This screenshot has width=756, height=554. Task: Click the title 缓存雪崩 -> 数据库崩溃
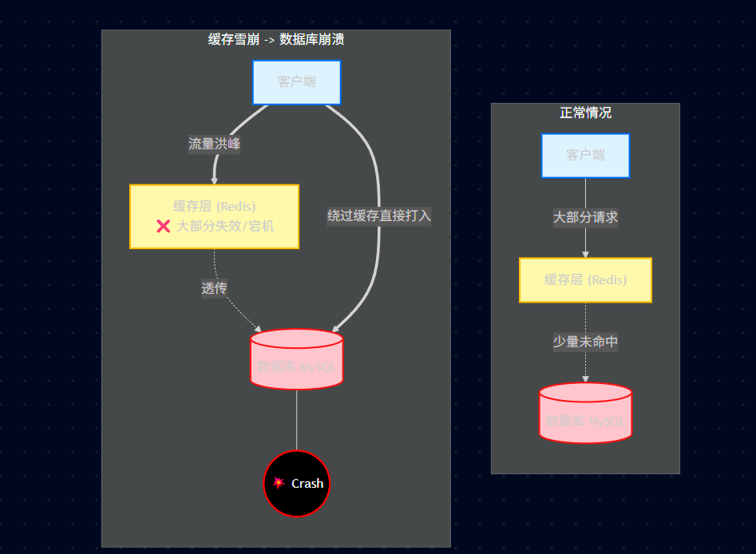[276, 39]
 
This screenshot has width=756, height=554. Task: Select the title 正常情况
[585, 113]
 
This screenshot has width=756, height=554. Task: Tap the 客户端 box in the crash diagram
[297, 82]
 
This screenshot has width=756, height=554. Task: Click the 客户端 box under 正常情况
[585, 155]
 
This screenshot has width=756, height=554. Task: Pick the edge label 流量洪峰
[214, 144]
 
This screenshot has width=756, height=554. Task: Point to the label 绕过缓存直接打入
[379, 216]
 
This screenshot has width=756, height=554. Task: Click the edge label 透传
[214, 288]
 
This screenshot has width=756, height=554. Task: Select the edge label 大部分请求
[585, 217]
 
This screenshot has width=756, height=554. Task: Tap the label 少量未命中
[585, 342]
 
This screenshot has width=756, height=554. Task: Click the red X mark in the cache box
[164, 226]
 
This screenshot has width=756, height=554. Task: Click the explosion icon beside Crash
[279, 482]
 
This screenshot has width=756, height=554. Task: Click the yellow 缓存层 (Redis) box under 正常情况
[585, 280]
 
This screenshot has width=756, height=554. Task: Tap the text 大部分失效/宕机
[225, 226]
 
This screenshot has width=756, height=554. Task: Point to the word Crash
[307, 483]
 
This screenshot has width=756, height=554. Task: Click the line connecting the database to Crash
[297, 420]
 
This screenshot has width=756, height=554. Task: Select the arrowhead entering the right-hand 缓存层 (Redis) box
[585, 254]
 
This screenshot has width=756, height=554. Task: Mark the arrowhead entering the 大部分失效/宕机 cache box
[215, 180]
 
